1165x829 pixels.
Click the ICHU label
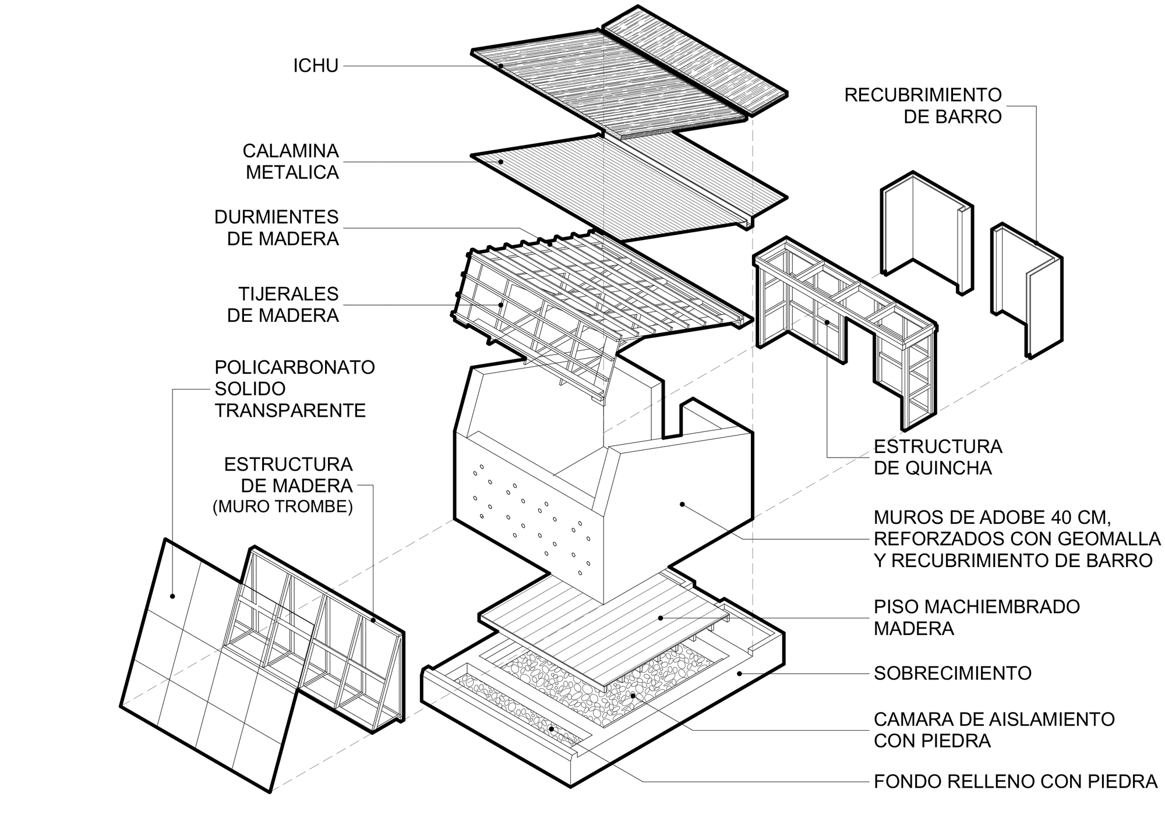point(315,66)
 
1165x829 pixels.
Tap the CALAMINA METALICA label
point(291,161)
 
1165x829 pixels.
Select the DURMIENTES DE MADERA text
point(276,228)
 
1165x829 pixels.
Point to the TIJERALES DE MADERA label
point(283,304)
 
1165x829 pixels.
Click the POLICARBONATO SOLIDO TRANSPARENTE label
point(294,389)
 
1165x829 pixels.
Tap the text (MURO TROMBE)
point(283,507)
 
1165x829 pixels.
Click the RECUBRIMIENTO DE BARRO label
point(923,105)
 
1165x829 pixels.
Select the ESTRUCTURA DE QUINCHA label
point(937,457)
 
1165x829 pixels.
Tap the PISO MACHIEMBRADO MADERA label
point(976,617)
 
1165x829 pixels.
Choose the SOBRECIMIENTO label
point(952,673)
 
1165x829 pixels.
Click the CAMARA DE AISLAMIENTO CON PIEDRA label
point(994,729)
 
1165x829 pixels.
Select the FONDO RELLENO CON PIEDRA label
point(1015,781)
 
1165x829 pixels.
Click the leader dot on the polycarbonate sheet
point(172,596)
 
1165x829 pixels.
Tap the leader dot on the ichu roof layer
point(501,66)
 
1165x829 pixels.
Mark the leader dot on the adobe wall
point(682,504)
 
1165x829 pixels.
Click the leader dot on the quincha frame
point(827,321)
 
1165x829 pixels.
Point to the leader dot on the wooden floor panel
point(660,618)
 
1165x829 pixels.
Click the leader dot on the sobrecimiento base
point(739,674)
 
